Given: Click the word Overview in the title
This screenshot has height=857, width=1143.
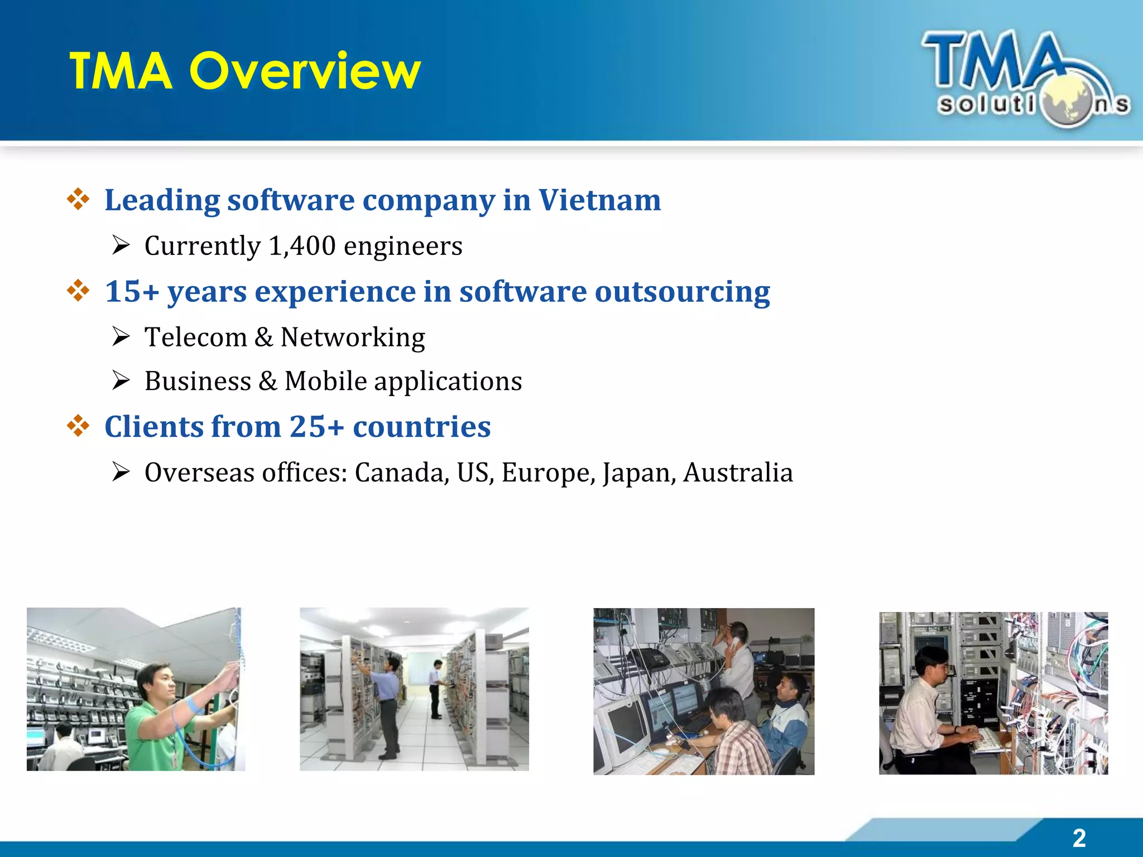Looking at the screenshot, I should (305, 71).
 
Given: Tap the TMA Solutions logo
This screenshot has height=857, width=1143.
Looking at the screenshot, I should (1026, 78).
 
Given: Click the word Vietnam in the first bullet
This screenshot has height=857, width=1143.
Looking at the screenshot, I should (599, 200).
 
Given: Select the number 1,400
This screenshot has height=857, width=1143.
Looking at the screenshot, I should (302, 246).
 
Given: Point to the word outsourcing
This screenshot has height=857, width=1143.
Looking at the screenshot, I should (682, 291).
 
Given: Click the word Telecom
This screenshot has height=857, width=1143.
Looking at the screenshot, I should (195, 337).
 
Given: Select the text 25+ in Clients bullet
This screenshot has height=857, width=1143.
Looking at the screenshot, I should (316, 427).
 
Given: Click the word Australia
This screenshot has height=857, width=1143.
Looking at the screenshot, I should (737, 473).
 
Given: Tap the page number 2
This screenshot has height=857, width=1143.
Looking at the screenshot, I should (1079, 838).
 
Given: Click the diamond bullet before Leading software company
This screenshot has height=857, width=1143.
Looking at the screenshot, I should (78, 199).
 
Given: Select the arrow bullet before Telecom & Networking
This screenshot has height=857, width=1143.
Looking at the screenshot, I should (121, 336).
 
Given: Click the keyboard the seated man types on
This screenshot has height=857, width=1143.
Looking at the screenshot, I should (988, 740).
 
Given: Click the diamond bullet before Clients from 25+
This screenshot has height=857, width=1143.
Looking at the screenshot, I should (78, 426).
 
